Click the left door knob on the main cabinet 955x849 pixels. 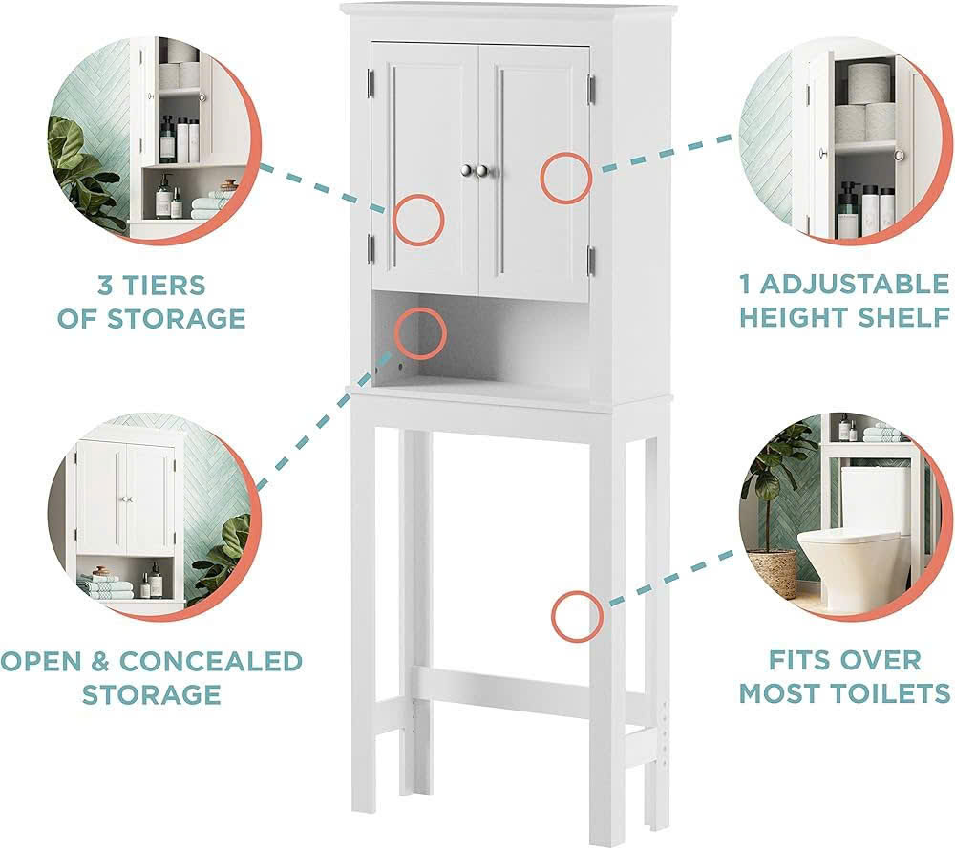[x=468, y=171]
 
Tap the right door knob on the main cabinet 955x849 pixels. [x=483, y=171]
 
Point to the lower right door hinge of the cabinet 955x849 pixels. [x=590, y=258]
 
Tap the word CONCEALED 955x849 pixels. [x=211, y=662]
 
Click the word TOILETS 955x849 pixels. [x=894, y=693]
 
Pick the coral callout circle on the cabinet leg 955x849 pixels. [x=577, y=616]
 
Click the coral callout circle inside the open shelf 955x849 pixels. [x=420, y=333]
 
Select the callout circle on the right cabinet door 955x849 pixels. [x=565, y=178]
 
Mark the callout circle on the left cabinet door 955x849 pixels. [x=418, y=221]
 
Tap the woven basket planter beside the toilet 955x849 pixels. [x=773, y=572]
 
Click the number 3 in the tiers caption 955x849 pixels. [x=104, y=286]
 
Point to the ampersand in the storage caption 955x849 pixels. [x=100, y=662]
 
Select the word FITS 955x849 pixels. [x=797, y=660]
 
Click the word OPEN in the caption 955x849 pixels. [x=40, y=662]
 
